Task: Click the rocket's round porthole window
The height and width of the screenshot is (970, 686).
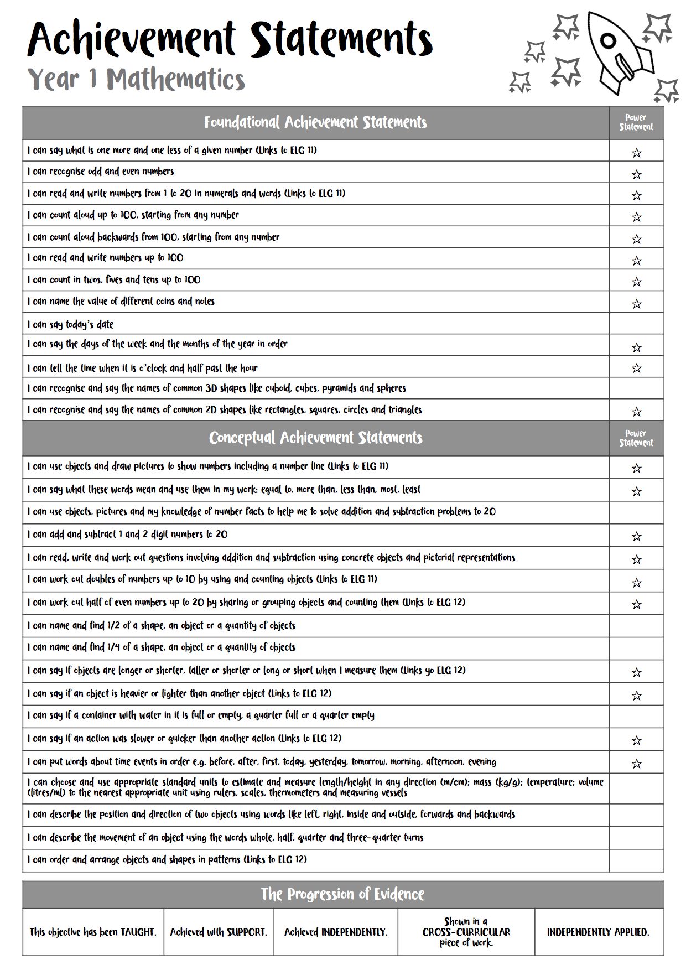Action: [608, 40]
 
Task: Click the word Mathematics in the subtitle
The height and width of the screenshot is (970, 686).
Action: [175, 80]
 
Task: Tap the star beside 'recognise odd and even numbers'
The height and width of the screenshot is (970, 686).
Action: [636, 175]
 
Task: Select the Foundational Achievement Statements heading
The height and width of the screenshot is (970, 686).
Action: [315, 122]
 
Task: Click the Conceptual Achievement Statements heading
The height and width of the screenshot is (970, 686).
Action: [315, 438]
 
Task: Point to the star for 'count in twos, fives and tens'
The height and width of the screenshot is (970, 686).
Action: [636, 282]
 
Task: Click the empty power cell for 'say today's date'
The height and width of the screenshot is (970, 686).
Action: [636, 324]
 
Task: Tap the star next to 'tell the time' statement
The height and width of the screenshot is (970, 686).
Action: [636, 369]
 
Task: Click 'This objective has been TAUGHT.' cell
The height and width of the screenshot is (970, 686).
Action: [93, 932]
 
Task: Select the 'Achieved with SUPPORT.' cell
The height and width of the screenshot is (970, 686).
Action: [219, 932]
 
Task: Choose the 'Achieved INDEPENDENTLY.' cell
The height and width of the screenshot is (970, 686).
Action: [336, 932]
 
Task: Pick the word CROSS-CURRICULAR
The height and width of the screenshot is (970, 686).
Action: [466, 932]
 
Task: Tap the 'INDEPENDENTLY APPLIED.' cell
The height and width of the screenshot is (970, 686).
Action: [598, 932]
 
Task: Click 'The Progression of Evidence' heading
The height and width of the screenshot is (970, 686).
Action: [342, 894]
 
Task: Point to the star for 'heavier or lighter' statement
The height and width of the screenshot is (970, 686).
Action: [636, 696]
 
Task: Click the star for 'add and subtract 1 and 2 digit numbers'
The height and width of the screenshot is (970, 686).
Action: [636, 536]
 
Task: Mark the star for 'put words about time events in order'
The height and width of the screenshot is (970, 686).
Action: [636, 764]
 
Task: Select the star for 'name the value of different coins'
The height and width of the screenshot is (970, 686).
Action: [636, 304]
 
